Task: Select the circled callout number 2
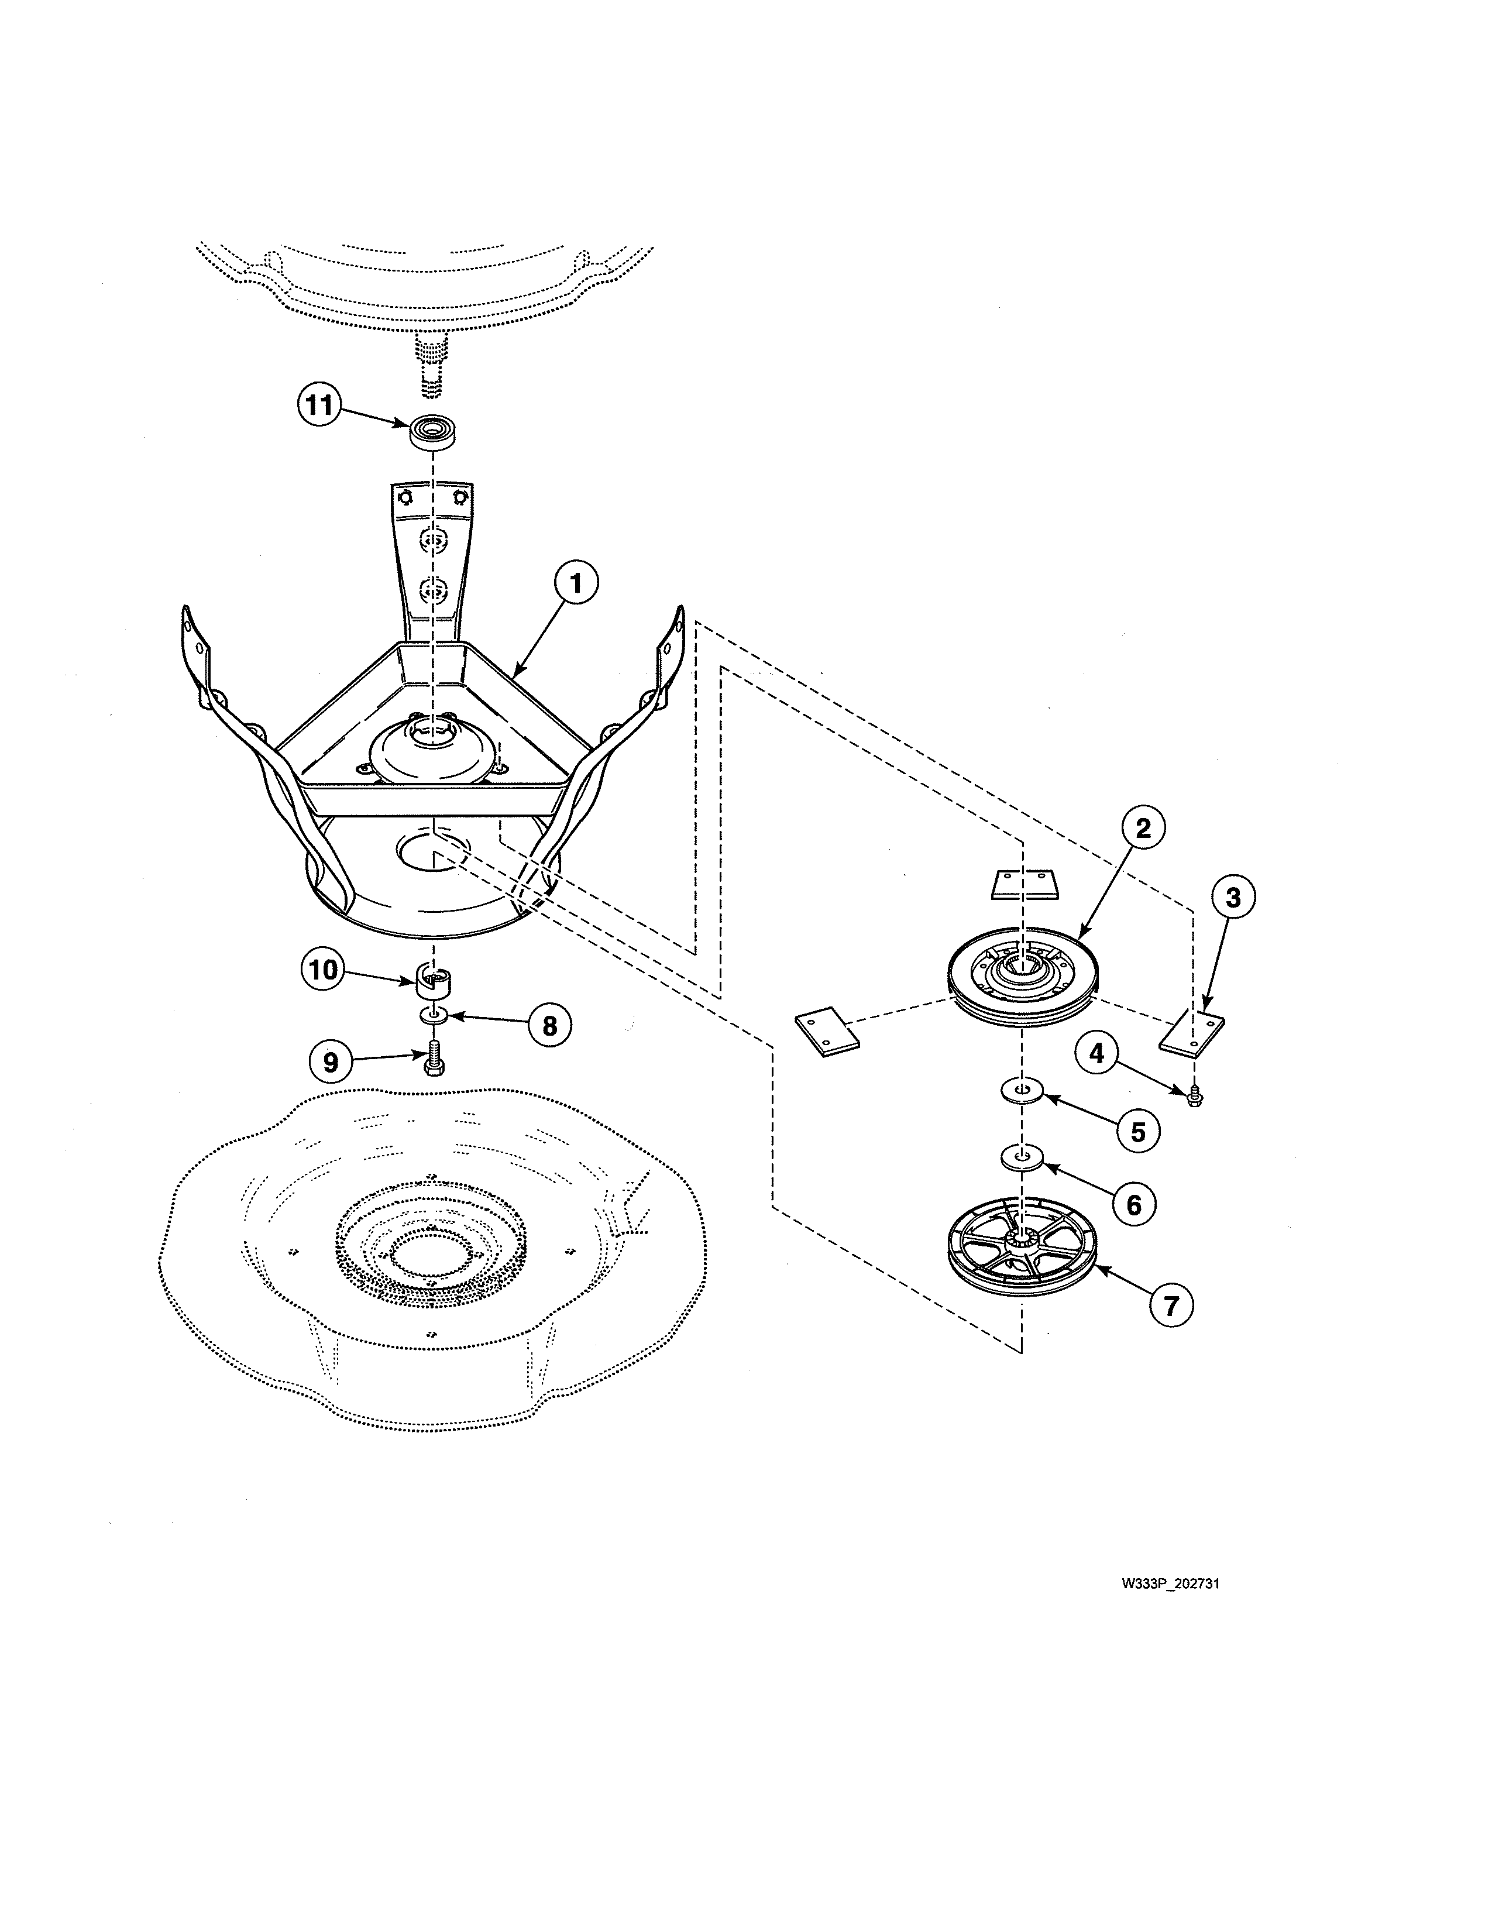coord(1144,829)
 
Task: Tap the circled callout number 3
coord(1233,898)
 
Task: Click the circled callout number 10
coord(324,970)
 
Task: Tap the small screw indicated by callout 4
coord(1194,1097)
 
